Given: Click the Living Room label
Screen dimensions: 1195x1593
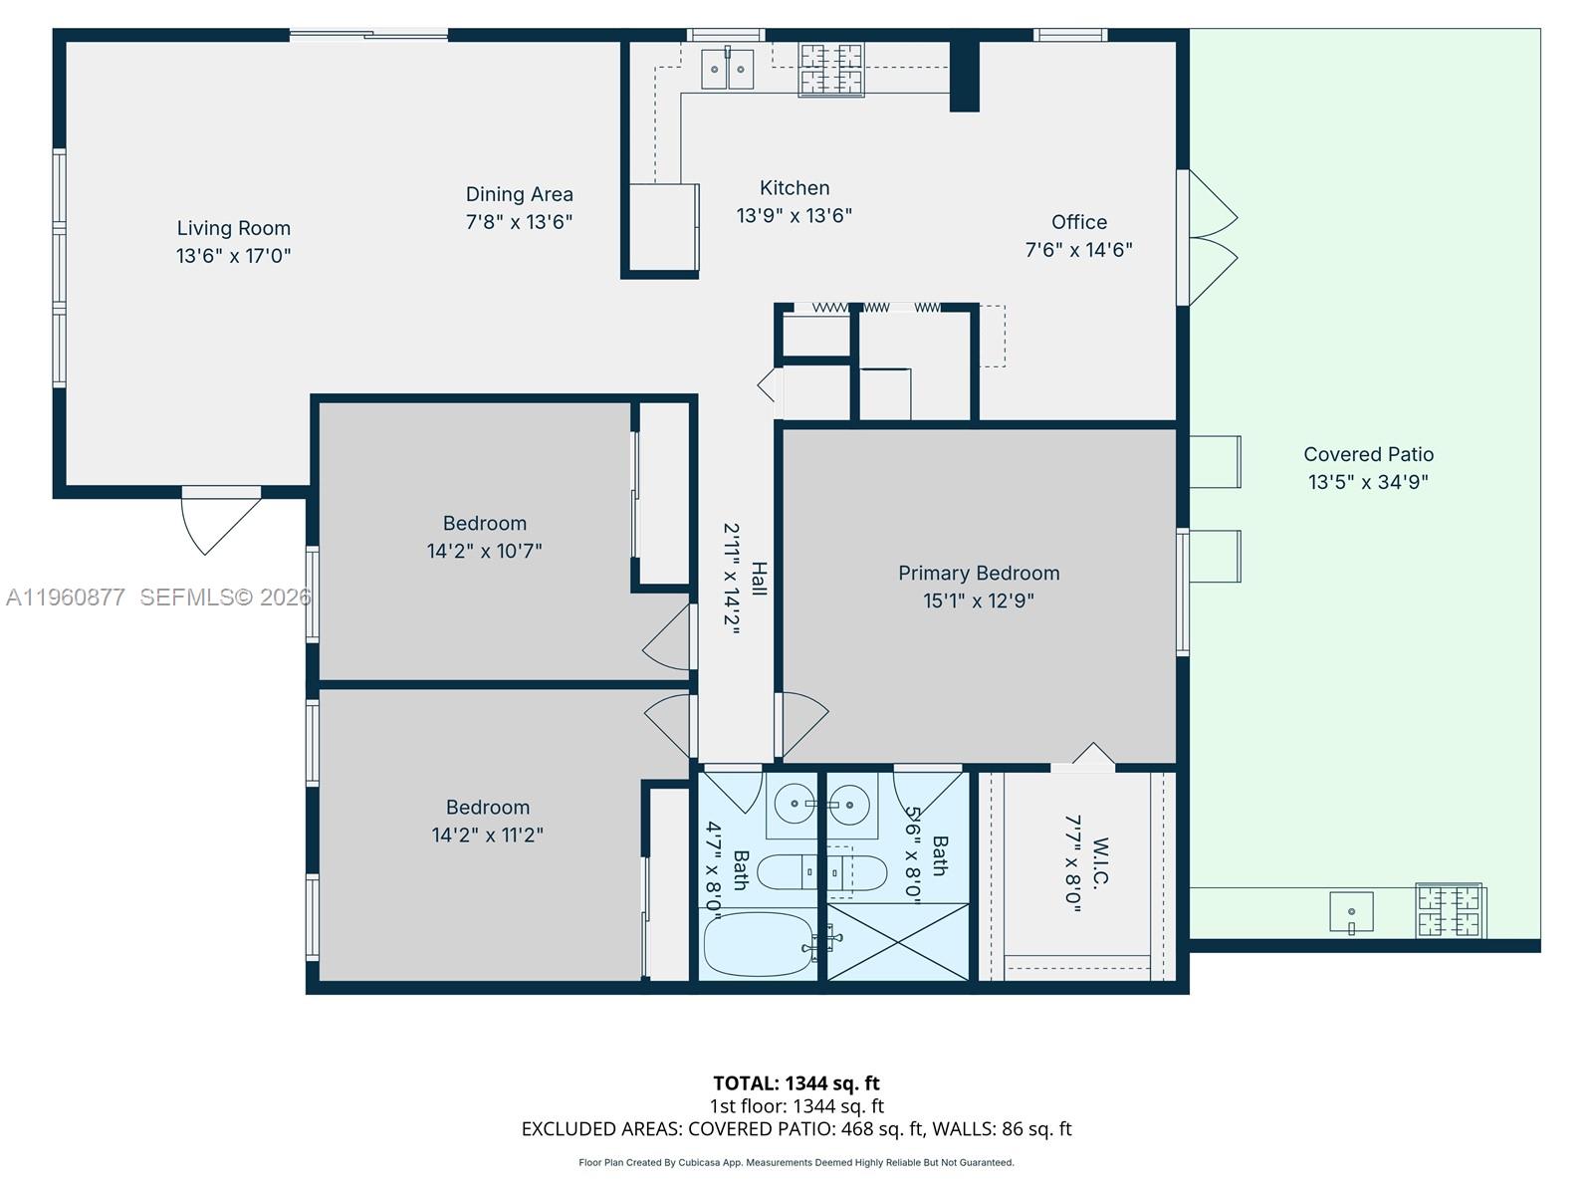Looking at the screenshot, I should (233, 228).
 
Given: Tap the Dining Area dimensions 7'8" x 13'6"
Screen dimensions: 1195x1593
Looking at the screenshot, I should (519, 222).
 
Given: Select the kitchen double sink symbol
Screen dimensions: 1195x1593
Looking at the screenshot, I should (728, 69).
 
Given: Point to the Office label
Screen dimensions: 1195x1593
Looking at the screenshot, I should (1078, 222).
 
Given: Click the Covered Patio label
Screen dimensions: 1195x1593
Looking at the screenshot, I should (1368, 454).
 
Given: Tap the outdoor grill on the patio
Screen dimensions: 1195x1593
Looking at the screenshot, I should (1451, 911).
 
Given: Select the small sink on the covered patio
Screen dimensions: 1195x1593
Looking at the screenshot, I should (1351, 912).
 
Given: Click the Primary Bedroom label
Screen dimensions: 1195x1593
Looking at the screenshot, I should (978, 573).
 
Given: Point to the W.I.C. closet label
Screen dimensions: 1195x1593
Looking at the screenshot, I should (1100, 861).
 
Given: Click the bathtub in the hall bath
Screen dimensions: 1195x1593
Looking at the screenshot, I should (759, 944).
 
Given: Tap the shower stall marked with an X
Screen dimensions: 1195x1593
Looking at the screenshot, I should (897, 941).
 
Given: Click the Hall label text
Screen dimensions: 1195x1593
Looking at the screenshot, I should (759, 579).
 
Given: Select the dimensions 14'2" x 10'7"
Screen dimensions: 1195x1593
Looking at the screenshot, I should (484, 551).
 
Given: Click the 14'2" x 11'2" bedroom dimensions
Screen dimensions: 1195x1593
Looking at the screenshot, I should (487, 835).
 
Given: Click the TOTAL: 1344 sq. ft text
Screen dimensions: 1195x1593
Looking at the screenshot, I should (796, 1082).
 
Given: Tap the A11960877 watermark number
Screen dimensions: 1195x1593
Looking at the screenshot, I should (66, 597).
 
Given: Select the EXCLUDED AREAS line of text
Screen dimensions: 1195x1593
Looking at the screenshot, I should (796, 1128).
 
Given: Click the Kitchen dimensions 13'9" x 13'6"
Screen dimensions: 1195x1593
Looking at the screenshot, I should (794, 215).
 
